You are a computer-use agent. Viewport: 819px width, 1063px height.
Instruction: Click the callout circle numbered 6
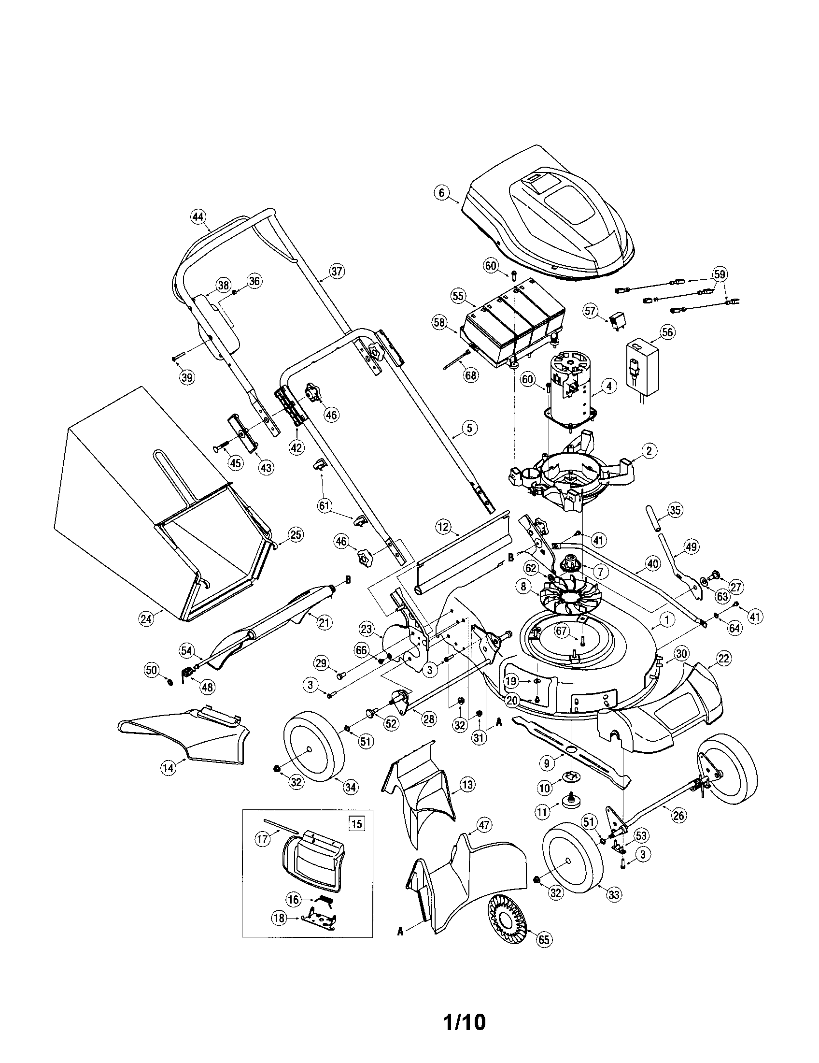tap(441, 193)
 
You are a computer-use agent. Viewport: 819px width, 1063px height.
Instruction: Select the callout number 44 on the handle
tap(198, 216)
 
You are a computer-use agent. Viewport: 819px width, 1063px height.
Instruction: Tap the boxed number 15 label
tap(357, 824)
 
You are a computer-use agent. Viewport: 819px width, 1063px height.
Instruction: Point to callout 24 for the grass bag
tap(146, 618)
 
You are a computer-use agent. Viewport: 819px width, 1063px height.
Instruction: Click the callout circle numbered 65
tap(544, 953)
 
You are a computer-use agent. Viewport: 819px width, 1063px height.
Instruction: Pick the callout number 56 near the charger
tap(668, 332)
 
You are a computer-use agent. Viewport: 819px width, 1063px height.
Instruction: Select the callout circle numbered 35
tap(674, 510)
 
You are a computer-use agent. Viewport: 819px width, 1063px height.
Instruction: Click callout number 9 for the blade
tap(547, 763)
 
